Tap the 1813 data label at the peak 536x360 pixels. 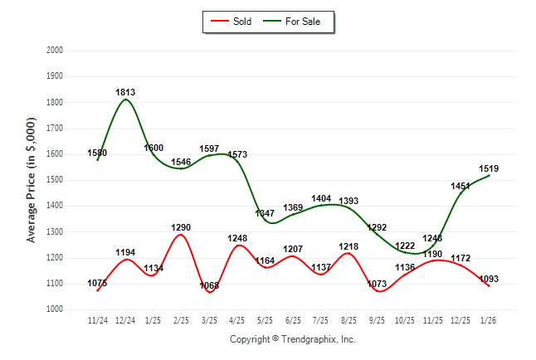click(125, 92)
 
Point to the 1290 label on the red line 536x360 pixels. click(181, 227)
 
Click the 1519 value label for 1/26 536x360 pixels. click(489, 168)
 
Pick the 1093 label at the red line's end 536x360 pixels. click(489, 279)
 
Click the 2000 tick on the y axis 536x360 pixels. click(55, 51)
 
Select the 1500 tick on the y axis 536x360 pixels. click(55, 180)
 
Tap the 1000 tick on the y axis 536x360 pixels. click(55, 309)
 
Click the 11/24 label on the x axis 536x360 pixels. click(98, 320)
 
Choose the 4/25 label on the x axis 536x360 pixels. click(237, 320)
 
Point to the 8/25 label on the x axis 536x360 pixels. click(348, 320)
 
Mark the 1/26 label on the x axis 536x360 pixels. click(489, 320)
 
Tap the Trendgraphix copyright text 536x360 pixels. click(292, 339)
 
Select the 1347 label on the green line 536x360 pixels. click(265, 214)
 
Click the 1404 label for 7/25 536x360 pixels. click(321, 198)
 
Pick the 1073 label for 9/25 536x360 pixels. click(377, 284)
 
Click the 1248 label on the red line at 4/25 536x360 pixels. click(237, 238)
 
